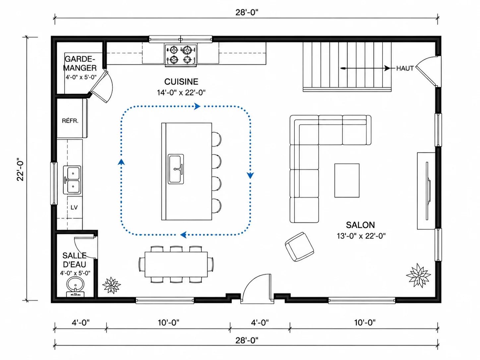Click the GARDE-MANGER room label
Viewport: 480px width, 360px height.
pyautogui.click(x=80, y=63)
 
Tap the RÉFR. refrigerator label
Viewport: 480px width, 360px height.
pyautogui.click(x=70, y=121)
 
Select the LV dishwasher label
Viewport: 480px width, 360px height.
pyautogui.click(x=74, y=207)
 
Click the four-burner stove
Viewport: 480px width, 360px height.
pyautogui.click(x=181, y=55)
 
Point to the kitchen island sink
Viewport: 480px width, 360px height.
pyautogui.click(x=176, y=169)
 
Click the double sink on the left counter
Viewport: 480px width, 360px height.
pyautogui.click(x=72, y=180)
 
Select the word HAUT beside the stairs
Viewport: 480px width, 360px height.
pyautogui.click(x=405, y=68)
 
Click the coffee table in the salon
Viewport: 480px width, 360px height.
pyautogui.click(x=347, y=181)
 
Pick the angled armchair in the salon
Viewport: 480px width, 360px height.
pyautogui.click(x=300, y=247)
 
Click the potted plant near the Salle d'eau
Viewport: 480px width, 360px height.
pyautogui.click(x=111, y=285)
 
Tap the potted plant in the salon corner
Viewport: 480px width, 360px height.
pyautogui.click(x=418, y=275)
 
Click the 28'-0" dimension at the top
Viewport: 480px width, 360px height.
pyautogui.click(x=247, y=13)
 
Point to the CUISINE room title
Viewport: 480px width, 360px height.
pyautogui.click(x=181, y=82)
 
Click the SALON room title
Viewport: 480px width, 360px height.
pyautogui.click(x=360, y=225)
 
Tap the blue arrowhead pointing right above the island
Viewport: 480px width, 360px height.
pyautogui.click(x=197, y=106)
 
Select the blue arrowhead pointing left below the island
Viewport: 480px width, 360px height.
pyautogui.click(x=183, y=235)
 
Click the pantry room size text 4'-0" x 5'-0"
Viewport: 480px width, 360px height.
pyautogui.click(x=81, y=77)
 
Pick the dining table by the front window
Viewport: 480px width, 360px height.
pyautogui.click(x=176, y=265)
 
